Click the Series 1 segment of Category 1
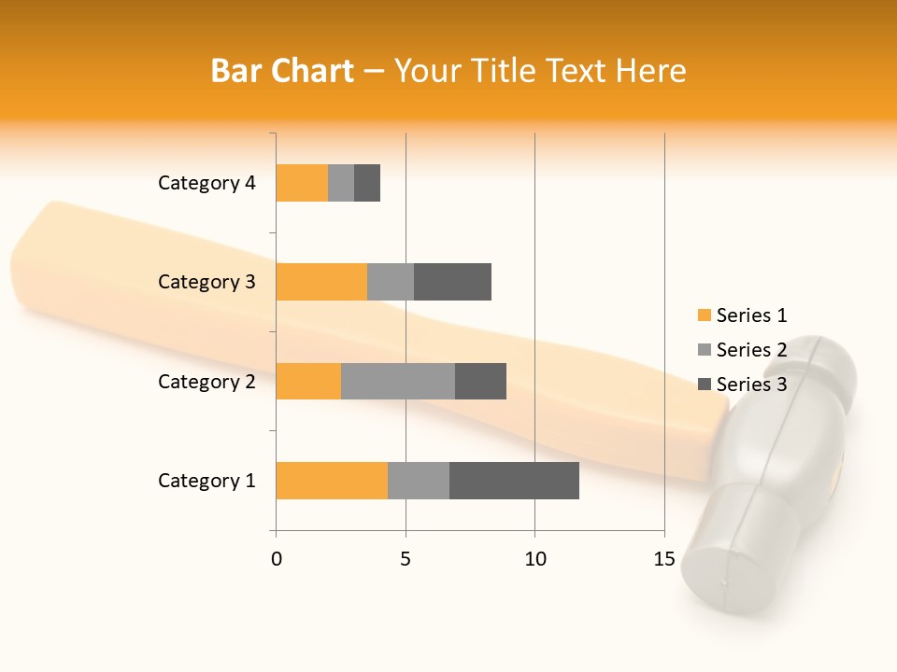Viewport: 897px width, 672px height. point(332,481)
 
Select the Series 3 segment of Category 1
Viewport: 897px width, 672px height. point(514,481)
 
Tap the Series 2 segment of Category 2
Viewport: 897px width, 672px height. point(398,381)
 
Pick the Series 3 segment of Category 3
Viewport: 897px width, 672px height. point(452,282)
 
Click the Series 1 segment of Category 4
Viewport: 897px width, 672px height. point(302,183)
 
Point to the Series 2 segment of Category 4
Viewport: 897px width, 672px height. point(341,183)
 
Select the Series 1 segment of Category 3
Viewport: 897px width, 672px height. point(321,282)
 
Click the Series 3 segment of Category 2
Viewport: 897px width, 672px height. point(480,381)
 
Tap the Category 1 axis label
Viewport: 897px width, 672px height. point(206,481)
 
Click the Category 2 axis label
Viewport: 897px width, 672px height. point(206,381)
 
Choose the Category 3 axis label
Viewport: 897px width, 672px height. point(206,282)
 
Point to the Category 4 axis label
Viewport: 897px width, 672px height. point(206,183)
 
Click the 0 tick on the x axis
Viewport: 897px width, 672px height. point(277,559)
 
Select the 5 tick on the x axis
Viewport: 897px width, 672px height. point(406,559)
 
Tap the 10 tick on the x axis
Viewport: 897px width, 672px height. point(534,559)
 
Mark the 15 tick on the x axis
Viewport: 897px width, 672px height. point(664,559)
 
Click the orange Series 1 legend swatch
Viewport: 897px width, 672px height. point(705,315)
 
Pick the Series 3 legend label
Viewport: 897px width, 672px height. point(751,385)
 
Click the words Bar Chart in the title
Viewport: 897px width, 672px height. point(282,71)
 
